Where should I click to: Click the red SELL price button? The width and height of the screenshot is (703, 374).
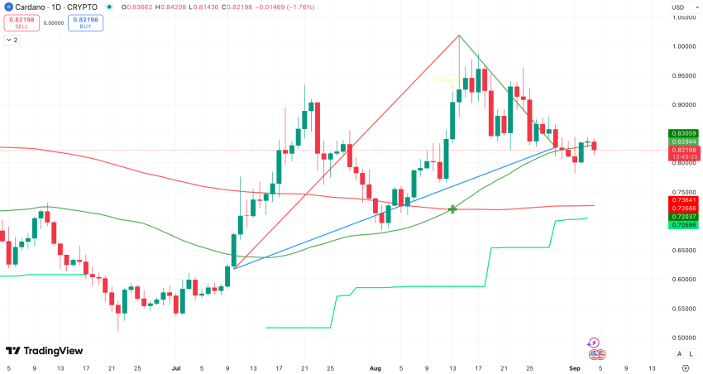click(22, 22)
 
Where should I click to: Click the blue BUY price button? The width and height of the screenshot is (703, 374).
click(86, 22)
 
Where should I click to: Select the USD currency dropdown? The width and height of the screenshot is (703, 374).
click(680, 8)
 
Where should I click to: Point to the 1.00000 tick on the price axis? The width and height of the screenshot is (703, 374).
click(682, 46)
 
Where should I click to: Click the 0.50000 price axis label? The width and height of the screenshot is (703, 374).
click(682, 338)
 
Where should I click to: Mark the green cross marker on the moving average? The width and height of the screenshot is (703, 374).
click(452, 209)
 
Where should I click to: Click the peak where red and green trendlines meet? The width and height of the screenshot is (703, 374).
click(459, 36)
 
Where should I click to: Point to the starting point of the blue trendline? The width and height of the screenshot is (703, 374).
click(234, 268)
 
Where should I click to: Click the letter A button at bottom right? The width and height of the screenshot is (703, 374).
click(679, 353)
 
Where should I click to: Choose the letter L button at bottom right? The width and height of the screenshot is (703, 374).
click(691, 353)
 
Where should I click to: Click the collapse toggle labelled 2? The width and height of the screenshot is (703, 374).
click(12, 40)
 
